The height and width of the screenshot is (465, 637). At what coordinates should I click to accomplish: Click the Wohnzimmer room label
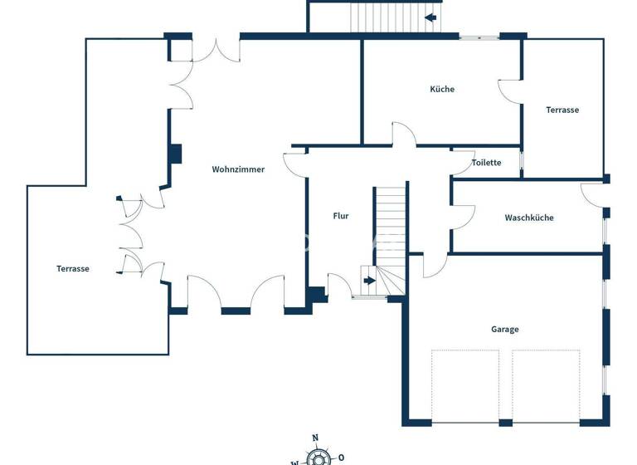point(238,169)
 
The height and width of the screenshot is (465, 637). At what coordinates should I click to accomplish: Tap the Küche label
point(442,89)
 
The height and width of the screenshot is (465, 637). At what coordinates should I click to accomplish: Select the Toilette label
point(486,163)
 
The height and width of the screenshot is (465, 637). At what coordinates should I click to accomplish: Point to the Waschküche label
point(528,218)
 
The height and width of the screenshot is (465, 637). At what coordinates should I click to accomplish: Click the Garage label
point(504,330)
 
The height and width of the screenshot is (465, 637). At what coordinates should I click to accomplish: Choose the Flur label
point(340,216)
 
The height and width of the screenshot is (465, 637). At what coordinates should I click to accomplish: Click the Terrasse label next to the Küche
point(562,110)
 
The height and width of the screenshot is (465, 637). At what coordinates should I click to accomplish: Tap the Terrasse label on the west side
point(73,268)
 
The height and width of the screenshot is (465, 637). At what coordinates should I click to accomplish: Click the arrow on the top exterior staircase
point(430,17)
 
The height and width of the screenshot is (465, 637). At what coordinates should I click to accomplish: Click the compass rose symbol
point(316,457)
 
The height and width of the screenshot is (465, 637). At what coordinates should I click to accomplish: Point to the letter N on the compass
point(315,438)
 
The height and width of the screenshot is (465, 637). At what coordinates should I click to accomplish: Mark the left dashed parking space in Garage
point(465,386)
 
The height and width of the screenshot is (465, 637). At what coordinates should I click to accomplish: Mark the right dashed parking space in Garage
point(546,386)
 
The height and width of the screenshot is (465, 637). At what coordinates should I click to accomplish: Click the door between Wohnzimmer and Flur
point(295,164)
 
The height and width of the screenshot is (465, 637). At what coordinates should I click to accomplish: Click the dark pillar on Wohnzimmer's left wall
point(175,154)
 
